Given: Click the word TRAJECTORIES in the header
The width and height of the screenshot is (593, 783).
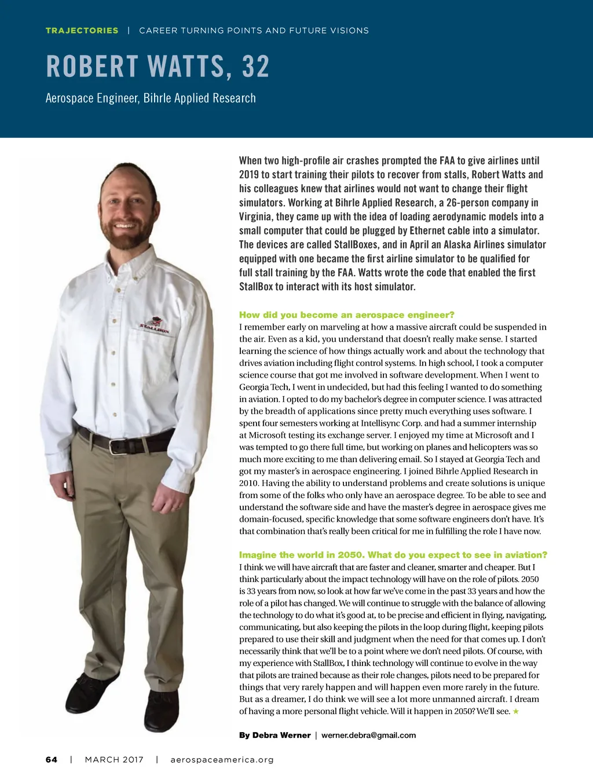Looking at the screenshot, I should pos(82,31).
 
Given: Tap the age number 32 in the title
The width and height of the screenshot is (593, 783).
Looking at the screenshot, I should pos(256,67).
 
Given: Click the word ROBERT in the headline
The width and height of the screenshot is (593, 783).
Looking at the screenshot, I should pos(92,67).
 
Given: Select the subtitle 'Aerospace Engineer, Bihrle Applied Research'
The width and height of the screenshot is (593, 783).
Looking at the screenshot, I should pos(151,98).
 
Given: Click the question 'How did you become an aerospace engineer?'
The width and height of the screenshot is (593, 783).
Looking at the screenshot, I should pos(346,315).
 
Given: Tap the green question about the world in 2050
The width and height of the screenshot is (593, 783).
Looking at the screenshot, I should pos(393,555).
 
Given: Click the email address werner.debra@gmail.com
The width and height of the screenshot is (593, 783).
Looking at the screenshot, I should pos(368,736).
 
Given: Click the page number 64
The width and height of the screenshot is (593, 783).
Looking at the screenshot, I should pos(52,760).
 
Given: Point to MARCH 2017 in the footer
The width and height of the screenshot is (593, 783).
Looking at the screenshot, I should pos(114,760).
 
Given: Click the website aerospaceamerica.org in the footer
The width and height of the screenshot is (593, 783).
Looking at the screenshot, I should pos(222,760).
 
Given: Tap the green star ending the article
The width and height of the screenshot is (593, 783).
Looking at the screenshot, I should pos(516,712).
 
